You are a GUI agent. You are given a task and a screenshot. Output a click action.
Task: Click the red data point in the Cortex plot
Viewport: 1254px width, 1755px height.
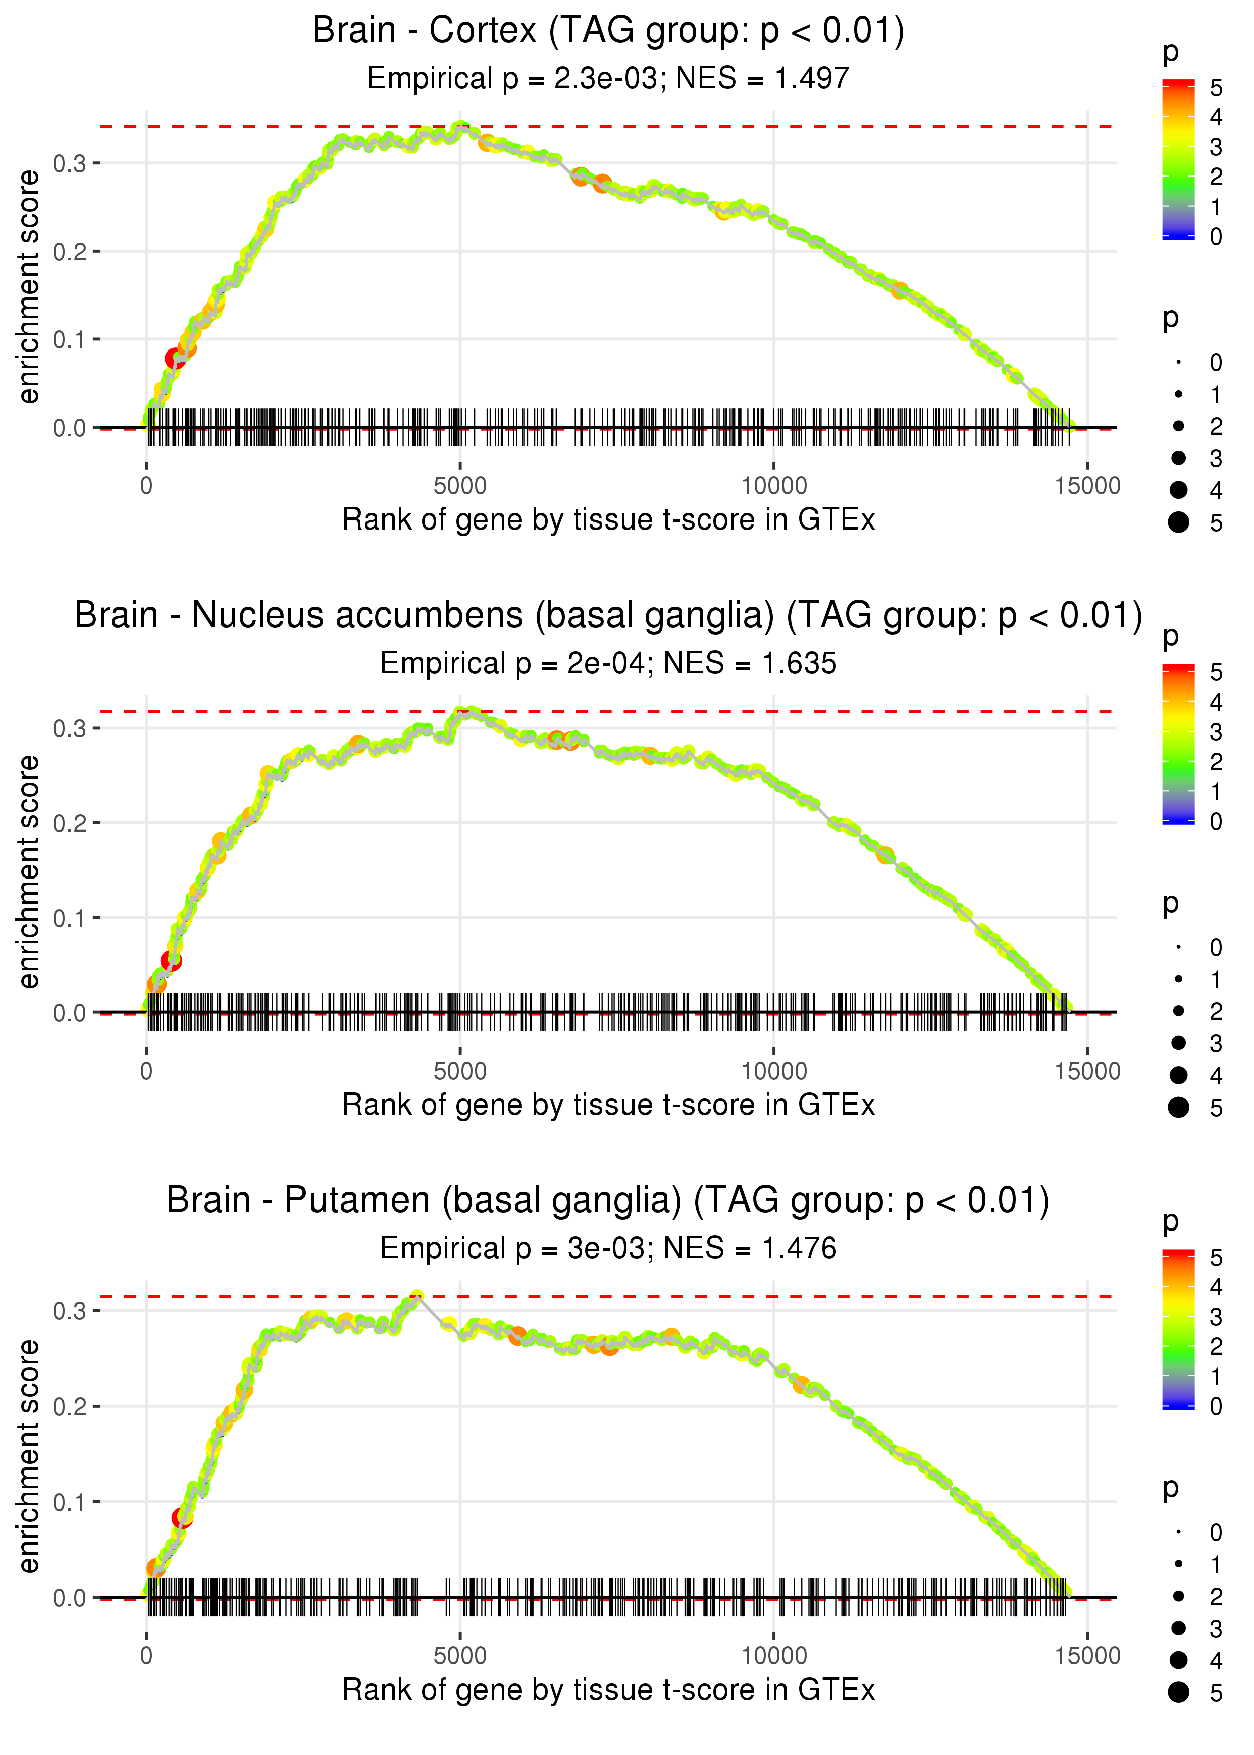click(x=175, y=358)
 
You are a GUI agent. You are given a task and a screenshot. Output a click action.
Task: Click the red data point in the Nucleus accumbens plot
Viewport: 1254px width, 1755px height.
click(x=171, y=961)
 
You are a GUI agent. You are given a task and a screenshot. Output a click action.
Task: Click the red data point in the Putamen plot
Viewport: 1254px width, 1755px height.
click(x=182, y=1518)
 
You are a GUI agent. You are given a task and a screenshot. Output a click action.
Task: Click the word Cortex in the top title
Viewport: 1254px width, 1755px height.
click(x=483, y=31)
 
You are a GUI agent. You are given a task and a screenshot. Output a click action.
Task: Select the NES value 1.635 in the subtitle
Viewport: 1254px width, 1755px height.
click(x=799, y=664)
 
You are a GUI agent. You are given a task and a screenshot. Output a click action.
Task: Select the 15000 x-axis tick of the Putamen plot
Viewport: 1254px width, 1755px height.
click(x=1087, y=1656)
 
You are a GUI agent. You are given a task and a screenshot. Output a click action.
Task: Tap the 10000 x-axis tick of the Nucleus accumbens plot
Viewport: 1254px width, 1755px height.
click(x=773, y=1071)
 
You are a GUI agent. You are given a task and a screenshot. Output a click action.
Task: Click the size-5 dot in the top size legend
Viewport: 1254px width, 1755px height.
click(x=1178, y=522)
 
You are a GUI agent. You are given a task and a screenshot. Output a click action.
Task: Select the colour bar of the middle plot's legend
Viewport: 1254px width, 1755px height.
click(x=1178, y=745)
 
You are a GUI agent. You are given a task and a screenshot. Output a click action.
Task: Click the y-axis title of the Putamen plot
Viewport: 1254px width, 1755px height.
click(x=29, y=1456)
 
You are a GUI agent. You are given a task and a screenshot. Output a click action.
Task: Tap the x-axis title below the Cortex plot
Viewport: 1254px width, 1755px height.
click(x=608, y=520)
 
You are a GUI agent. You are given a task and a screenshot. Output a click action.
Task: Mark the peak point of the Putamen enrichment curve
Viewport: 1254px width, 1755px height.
click(x=417, y=1297)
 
